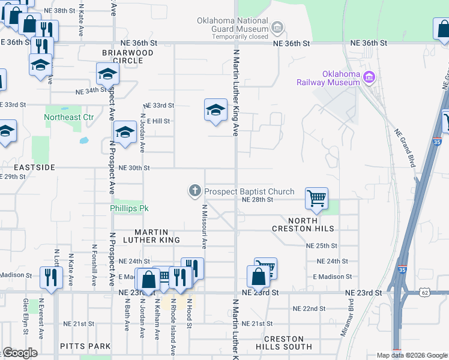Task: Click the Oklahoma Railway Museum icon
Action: tap(369, 77)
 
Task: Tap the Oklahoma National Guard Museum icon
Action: tap(277, 27)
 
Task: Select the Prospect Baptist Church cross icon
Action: tap(194, 191)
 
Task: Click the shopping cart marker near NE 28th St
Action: tap(316, 197)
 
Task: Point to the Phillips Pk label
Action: tap(129, 208)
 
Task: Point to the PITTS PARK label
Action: tap(85, 346)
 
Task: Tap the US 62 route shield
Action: tap(425, 292)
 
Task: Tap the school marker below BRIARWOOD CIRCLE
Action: tap(107, 74)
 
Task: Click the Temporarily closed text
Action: tap(240, 36)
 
